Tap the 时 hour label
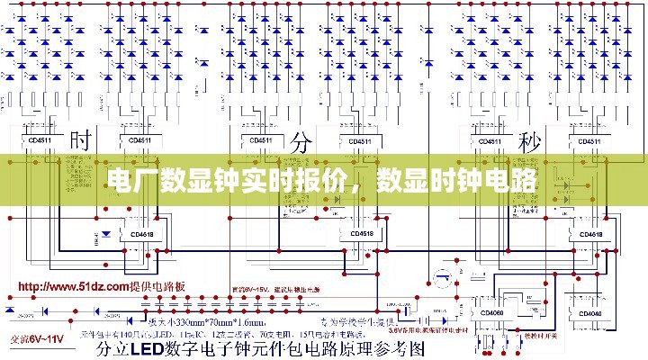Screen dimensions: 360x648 [x=82, y=141]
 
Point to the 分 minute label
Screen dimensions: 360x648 [x=302, y=141]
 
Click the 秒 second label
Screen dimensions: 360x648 [x=528, y=141]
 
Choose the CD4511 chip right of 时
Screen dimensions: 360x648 [x=139, y=140]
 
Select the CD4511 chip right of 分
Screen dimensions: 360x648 [x=360, y=140]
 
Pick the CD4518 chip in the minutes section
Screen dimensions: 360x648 [x=362, y=234]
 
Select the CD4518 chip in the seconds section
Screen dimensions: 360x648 [x=591, y=234]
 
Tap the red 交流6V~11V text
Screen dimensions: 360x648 [x=37, y=339]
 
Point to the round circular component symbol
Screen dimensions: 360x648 [x=442, y=278]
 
